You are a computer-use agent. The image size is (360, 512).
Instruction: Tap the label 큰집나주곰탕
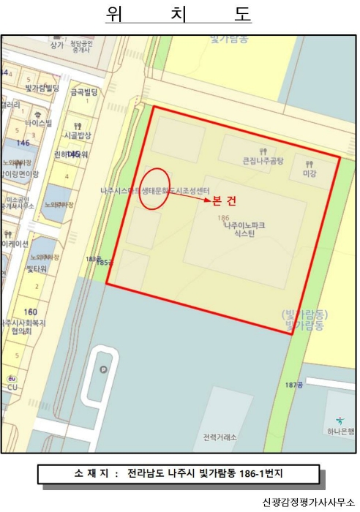click(263, 159)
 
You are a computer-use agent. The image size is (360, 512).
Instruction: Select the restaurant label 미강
click(309, 173)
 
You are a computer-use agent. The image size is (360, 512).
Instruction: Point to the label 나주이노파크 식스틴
click(244, 230)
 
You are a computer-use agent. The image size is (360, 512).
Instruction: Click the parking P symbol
click(102, 369)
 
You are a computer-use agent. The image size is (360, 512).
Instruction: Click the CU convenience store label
click(12, 387)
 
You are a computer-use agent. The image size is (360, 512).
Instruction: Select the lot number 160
click(30, 312)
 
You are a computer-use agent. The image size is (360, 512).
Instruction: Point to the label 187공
click(294, 385)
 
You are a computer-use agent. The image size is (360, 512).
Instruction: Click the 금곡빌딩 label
click(83, 92)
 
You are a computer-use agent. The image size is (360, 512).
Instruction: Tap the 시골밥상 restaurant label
click(78, 135)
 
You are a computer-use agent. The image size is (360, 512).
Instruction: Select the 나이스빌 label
click(38, 124)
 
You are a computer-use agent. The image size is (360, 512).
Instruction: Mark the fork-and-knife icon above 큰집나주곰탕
click(261, 148)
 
